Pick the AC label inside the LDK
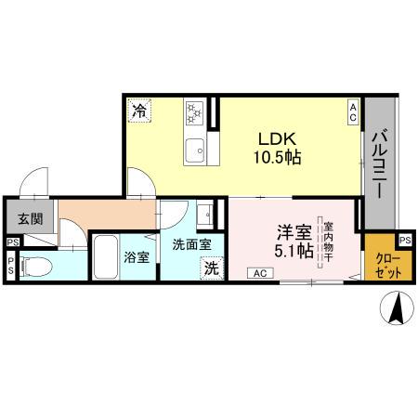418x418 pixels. pyautogui.click(x=354, y=112)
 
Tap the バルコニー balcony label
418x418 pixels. pyautogui.click(x=380, y=163)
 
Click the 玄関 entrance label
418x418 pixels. pyautogui.click(x=28, y=219)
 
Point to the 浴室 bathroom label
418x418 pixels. pyautogui.click(x=137, y=256)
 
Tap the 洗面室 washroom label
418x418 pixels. pyautogui.click(x=191, y=245)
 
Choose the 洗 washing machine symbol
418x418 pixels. pyautogui.click(x=211, y=268)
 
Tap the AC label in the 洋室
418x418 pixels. pyautogui.click(x=259, y=272)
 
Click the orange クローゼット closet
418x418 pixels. pyautogui.click(x=384, y=266)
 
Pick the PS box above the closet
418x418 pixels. pyautogui.click(x=405, y=239)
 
